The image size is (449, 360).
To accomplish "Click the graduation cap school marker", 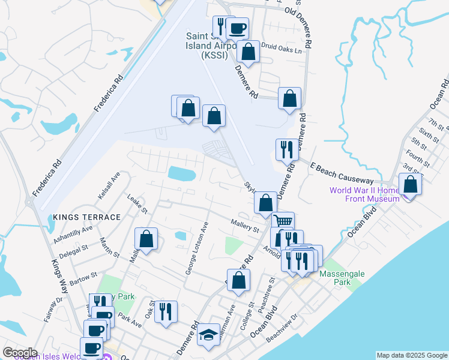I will (208, 335).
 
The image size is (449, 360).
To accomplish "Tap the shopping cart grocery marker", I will (283, 223).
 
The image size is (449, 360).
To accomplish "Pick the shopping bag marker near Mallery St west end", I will (146, 239).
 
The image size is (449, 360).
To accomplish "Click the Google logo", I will (20, 353).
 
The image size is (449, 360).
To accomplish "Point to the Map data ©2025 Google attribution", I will (411, 355).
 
